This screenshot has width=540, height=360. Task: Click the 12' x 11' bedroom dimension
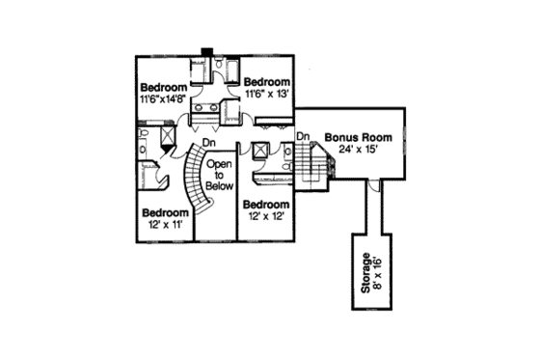(x=164, y=224)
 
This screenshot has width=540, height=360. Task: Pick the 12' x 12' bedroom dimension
(x=264, y=216)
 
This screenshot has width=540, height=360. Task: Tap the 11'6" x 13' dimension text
(x=267, y=94)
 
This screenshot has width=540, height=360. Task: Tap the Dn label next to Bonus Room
(x=302, y=136)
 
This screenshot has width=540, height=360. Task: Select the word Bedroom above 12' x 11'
(x=164, y=212)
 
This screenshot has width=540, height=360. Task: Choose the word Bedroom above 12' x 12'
(x=264, y=205)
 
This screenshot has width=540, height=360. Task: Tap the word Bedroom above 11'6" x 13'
(x=266, y=82)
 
